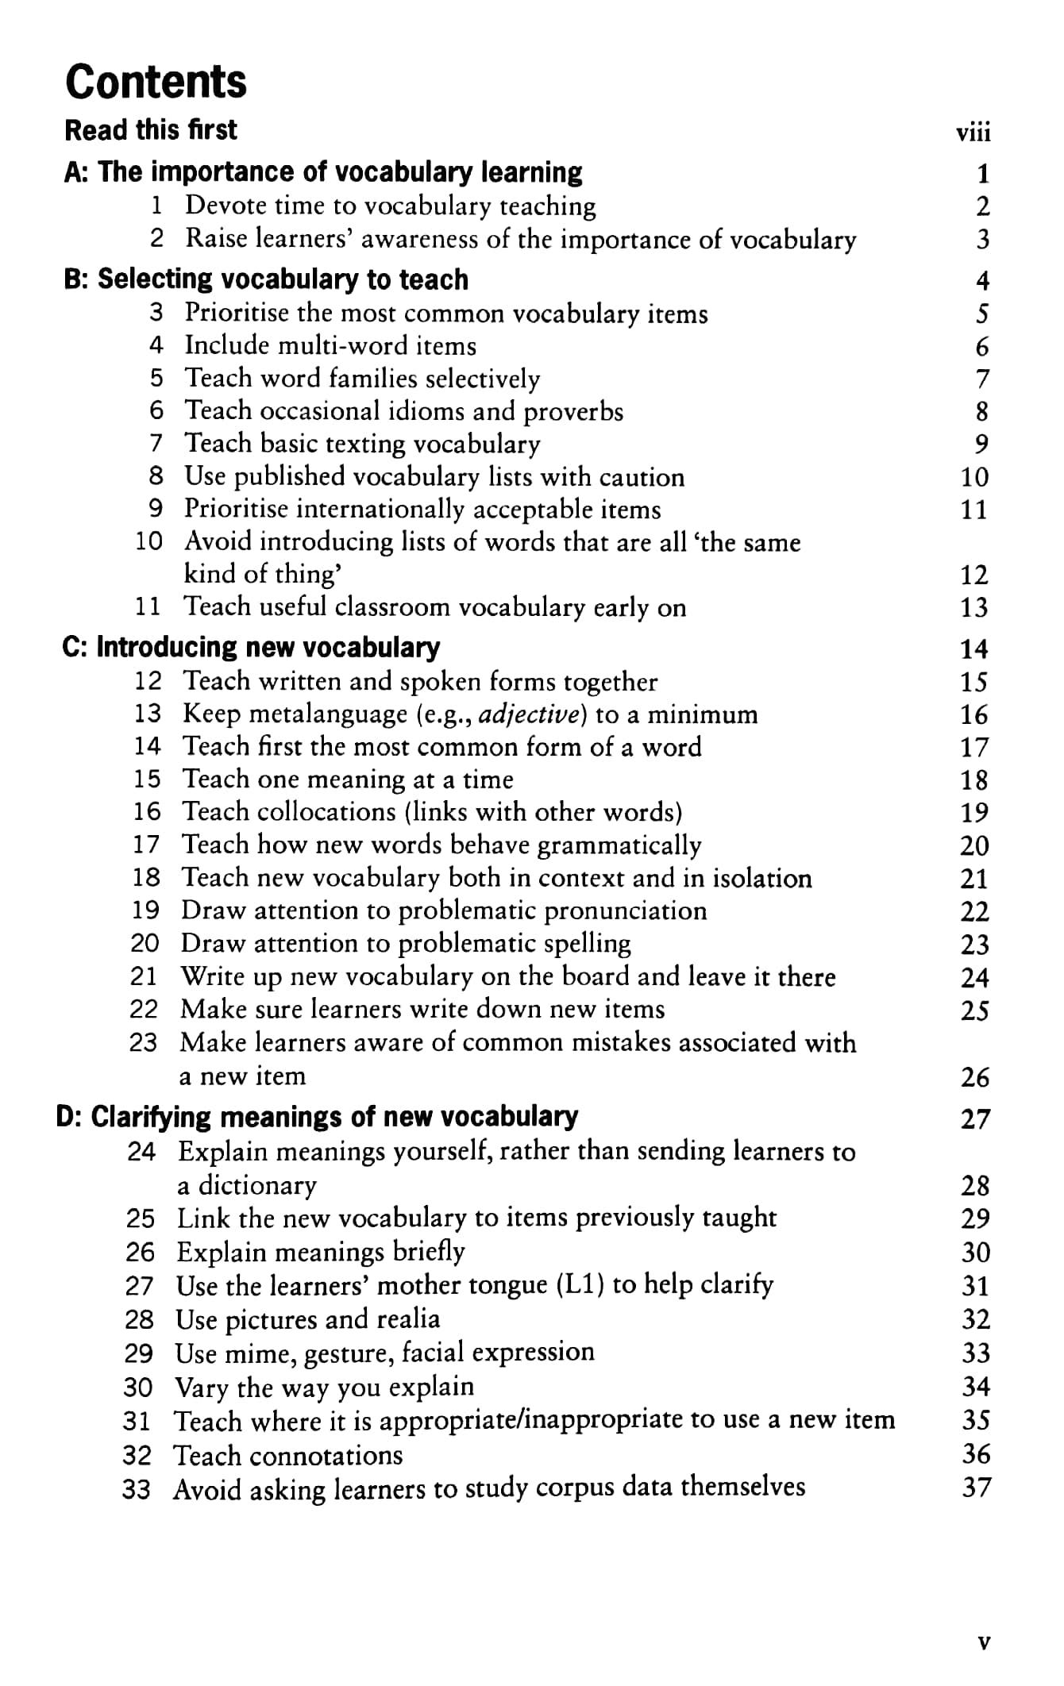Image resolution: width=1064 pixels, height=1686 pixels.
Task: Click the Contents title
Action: [156, 81]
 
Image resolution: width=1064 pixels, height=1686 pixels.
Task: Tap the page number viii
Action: [973, 132]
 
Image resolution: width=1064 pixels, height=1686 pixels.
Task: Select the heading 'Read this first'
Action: [151, 129]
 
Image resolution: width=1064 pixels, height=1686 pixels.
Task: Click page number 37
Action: [976, 1487]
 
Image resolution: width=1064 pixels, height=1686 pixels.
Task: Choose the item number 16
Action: [147, 811]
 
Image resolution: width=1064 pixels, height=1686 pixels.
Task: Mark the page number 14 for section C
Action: [974, 649]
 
